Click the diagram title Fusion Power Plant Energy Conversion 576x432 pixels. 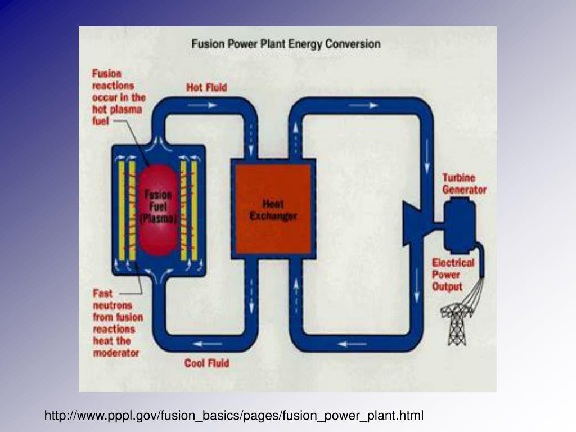286,44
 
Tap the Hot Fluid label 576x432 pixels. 207,88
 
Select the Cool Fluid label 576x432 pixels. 206,363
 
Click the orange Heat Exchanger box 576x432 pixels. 273,209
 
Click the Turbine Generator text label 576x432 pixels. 464,184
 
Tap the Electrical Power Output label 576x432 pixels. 453,274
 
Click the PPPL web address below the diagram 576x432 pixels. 234,416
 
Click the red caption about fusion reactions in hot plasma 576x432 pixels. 118,97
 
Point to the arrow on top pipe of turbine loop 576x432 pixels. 369,105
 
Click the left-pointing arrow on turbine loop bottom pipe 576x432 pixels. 348,344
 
